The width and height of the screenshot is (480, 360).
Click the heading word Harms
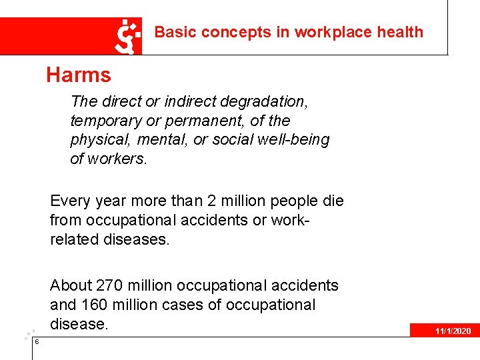(x=79, y=75)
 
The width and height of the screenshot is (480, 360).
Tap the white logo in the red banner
(x=129, y=36)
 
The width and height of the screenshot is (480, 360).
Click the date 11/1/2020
(x=453, y=331)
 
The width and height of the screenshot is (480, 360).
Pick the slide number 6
(x=37, y=342)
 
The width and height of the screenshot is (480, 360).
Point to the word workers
(x=119, y=159)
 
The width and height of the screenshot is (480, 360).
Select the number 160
(x=93, y=305)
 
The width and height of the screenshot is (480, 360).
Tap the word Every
(x=69, y=201)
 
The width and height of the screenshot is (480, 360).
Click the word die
(x=332, y=201)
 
